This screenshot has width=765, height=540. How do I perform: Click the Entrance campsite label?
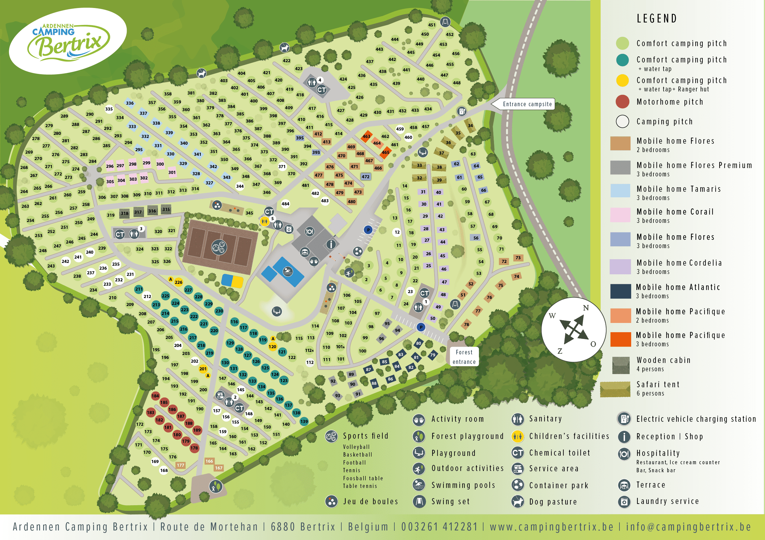point(527,104)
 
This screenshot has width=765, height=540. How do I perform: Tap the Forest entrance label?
point(464,357)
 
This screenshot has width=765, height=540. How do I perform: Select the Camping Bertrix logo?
point(68,41)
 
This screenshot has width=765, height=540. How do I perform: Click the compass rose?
point(574,330)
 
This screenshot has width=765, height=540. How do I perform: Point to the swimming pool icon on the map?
point(287,272)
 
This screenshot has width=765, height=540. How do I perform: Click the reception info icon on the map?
point(331,244)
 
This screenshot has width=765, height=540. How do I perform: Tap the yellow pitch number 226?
point(179,282)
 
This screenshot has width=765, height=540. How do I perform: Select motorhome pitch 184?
point(155,396)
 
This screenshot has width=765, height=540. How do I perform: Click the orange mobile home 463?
point(367,136)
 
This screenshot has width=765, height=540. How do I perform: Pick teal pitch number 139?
point(304,421)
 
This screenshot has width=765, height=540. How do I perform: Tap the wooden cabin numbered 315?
point(166,209)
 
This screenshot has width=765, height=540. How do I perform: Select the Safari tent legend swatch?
point(615,389)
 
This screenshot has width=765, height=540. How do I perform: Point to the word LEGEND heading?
point(657,19)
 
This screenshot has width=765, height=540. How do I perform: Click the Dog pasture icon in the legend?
point(517,502)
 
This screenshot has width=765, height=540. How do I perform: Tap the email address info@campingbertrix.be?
point(688,527)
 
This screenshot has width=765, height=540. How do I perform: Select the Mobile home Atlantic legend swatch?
point(620,291)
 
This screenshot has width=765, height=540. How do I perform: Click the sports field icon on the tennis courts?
point(219,247)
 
